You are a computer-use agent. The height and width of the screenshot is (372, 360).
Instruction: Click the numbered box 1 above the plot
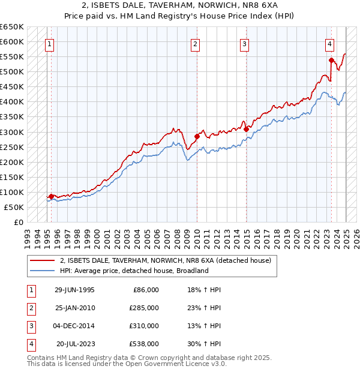point(49,43)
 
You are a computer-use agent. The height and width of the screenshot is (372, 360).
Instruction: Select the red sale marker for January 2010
point(197,137)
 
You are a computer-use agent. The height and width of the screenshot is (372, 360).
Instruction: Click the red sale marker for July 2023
point(331,60)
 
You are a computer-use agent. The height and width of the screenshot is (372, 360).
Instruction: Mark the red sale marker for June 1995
point(52,196)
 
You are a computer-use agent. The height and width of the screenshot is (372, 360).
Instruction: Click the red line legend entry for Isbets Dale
point(166,260)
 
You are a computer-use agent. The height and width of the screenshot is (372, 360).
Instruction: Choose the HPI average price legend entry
point(134,271)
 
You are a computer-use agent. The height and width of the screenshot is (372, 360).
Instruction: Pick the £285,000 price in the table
point(144,308)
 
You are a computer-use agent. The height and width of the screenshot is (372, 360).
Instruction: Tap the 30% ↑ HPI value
point(204,344)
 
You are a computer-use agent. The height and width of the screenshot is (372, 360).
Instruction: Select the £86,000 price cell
point(146,290)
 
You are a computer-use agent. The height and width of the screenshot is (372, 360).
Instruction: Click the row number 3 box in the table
point(30,326)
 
